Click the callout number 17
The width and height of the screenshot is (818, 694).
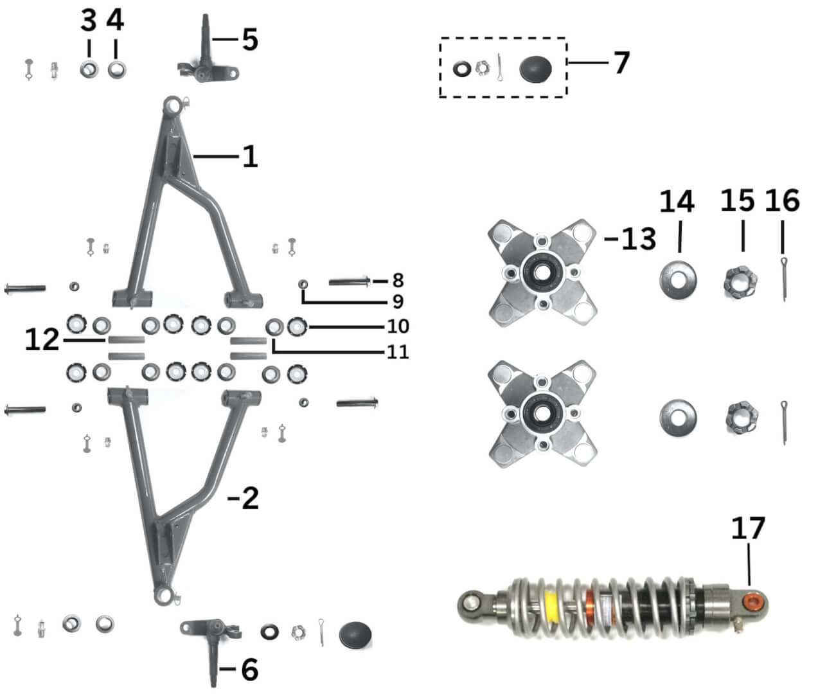pyautogui.click(x=748, y=529)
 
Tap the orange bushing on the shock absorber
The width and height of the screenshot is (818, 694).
pyautogui.click(x=752, y=602)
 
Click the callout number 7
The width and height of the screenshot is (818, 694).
pyautogui.click(x=621, y=63)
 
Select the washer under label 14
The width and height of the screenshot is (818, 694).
pyautogui.click(x=679, y=279)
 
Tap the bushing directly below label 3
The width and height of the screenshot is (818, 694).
pyautogui.click(x=89, y=67)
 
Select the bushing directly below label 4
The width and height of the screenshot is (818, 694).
pyautogui.click(x=116, y=67)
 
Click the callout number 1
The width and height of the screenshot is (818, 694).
pyautogui.click(x=249, y=156)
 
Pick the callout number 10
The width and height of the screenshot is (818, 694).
pyautogui.click(x=398, y=326)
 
